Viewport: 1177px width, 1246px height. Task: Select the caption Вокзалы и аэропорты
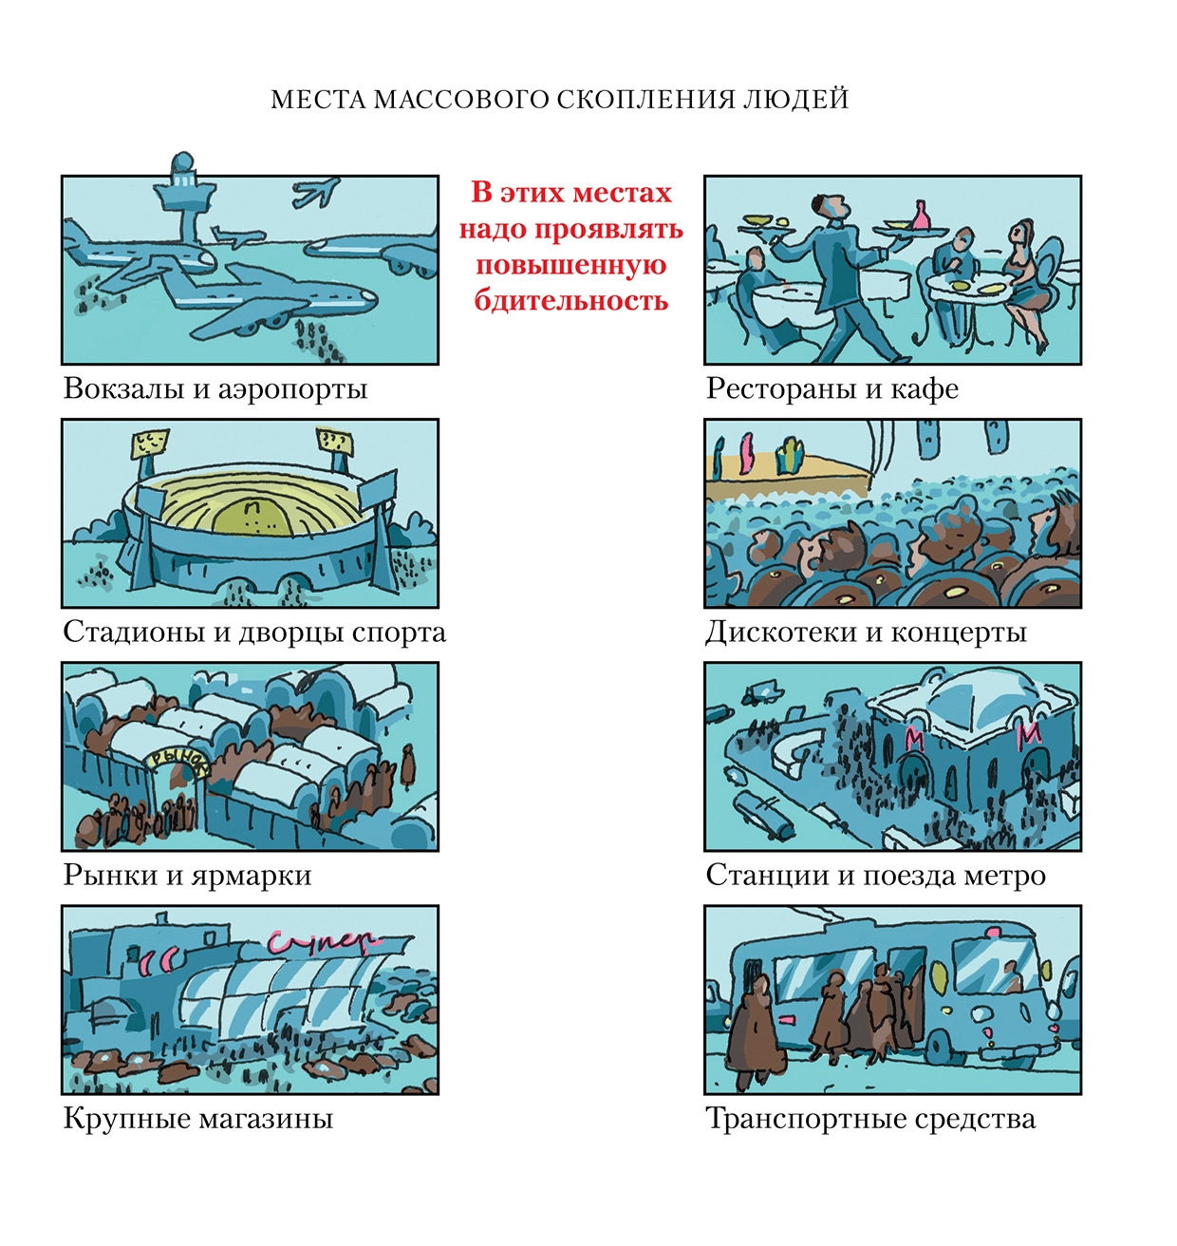215,388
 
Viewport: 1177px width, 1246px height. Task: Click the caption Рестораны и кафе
831,388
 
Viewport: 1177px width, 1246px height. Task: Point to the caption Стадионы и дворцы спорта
254,632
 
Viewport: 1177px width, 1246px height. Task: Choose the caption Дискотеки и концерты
866,632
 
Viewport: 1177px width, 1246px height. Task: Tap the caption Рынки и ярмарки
188,876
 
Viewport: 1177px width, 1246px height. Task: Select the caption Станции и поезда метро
875,876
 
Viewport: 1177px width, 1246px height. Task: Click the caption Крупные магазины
198,1119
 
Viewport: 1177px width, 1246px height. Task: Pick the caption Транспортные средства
871,1119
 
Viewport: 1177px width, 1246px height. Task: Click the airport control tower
185,197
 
